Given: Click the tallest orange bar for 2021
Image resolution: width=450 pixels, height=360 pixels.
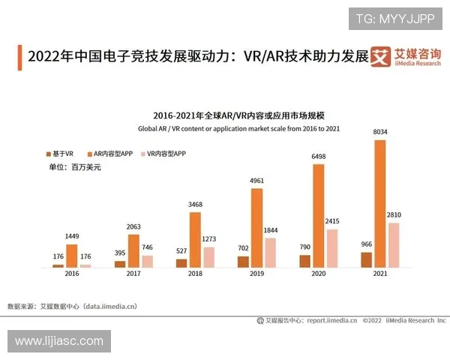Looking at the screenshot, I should (379, 203).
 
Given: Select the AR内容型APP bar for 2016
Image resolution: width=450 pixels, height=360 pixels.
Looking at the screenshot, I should (72, 256).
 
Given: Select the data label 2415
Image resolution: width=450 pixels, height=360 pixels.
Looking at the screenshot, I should (332, 222).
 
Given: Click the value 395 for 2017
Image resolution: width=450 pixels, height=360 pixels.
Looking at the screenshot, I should (120, 253).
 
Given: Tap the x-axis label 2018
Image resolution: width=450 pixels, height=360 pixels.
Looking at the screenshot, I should (195, 274).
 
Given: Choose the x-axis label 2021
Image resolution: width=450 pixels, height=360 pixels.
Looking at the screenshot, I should (380, 274).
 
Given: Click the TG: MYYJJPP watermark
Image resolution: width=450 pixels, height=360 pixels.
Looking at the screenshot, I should (394, 19).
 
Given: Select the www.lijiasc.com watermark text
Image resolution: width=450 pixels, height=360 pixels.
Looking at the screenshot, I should (60, 341).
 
